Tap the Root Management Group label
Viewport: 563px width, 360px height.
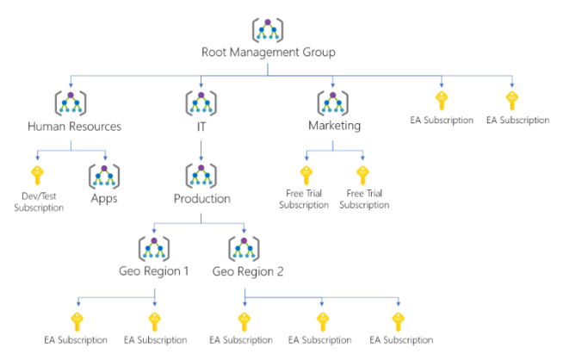coord(268,53)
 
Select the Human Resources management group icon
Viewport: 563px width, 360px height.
coord(71,102)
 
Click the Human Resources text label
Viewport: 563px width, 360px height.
coord(74,126)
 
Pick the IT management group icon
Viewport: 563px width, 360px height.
coord(201,102)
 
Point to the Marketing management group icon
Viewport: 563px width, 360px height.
coord(334,102)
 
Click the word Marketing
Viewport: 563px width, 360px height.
coord(334,126)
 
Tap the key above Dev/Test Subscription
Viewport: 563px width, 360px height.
coord(38,176)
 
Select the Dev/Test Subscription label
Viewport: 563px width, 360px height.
coord(38,202)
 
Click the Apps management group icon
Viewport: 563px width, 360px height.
coord(104,176)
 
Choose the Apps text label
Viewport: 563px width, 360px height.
coord(104,199)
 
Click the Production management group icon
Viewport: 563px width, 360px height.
coord(201,176)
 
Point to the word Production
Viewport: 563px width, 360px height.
coord(201,199)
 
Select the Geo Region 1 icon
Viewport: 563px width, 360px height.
coord(154,248)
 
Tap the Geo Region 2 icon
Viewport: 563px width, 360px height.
coord(244,248)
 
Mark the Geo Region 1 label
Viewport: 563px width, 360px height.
coord(155,272)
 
